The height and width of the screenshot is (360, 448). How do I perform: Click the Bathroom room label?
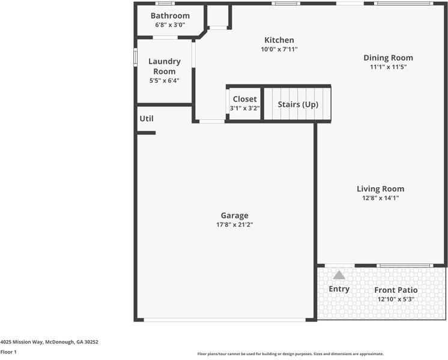pos(170,16)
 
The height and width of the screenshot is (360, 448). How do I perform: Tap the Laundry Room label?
pos(164,66)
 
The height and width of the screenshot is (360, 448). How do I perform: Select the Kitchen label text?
pos(279,40)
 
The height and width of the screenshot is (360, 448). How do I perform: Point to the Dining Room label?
pos(388,58)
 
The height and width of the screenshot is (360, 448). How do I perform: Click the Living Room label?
pos(380,188)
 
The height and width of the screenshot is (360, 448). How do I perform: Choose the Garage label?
pos(234,215)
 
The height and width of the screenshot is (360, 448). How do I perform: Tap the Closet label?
pos(244,99)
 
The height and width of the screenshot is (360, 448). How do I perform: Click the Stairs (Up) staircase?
pos(298,104)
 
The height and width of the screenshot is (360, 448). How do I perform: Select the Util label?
pos(147,119)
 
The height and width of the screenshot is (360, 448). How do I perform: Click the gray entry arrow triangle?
pos(339,275)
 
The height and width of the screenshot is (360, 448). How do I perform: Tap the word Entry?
pos(339,289)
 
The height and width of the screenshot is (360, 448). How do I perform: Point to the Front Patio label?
pos(396,290)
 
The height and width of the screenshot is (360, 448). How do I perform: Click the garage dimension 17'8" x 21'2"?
pos(234,225)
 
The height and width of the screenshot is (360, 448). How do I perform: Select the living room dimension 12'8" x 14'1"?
pos(380,198)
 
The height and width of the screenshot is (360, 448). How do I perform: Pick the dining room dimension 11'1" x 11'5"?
pos(388,67)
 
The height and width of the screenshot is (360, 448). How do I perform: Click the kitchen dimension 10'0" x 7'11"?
pos(279,50)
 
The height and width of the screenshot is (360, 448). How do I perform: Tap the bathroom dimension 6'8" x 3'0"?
pos(170,25)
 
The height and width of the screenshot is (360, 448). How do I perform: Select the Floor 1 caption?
pos(8,352)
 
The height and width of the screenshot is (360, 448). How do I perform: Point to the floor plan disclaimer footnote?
pos(290,354)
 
